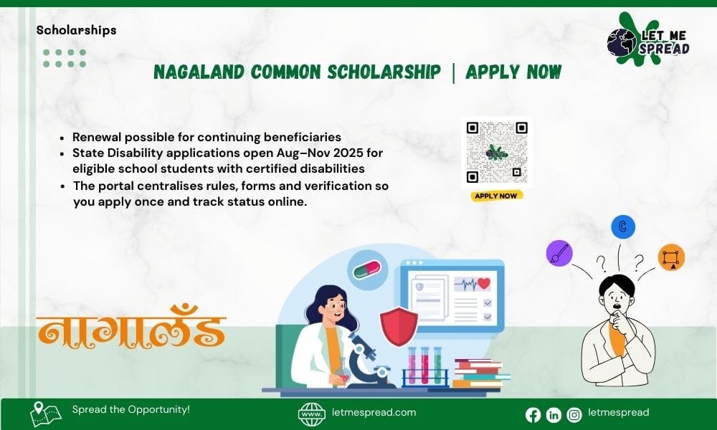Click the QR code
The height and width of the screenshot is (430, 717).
(x=497, y=152)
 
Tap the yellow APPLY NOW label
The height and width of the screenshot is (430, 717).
(x=497, y=195)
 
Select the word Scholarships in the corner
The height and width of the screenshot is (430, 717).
(x=76, y=30)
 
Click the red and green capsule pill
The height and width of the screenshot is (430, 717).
(x=368, y=271)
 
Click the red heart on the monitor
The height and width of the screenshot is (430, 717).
(x=483, y=283)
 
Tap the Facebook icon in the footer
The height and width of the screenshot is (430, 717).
(x=533, y=414)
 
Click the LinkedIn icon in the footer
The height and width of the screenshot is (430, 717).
(x=554, y=414)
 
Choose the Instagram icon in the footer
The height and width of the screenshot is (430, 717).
(x=574, y=414)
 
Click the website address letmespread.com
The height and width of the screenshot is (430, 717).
(x=374, y=412)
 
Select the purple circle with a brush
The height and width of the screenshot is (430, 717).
(x=559, y=253)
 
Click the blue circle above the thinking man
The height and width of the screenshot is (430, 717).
(x=623, y=227)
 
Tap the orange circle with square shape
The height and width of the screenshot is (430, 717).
(x=671, y=257)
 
